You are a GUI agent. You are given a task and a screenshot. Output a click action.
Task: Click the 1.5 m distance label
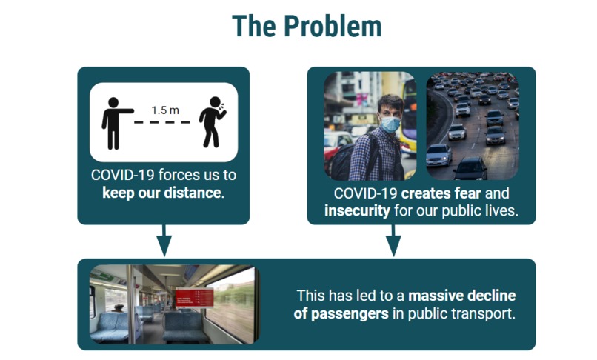(165, 110)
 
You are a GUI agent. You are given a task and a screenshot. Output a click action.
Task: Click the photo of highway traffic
(472, 126)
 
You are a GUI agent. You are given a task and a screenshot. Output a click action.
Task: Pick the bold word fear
(467, 193)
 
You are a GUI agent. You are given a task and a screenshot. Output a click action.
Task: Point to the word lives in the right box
(499, 210)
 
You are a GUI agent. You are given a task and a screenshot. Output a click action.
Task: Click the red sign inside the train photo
(193, 298)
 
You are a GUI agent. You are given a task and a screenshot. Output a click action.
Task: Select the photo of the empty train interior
(173, 304)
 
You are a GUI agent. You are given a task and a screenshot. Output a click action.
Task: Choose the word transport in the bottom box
(484, 313)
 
